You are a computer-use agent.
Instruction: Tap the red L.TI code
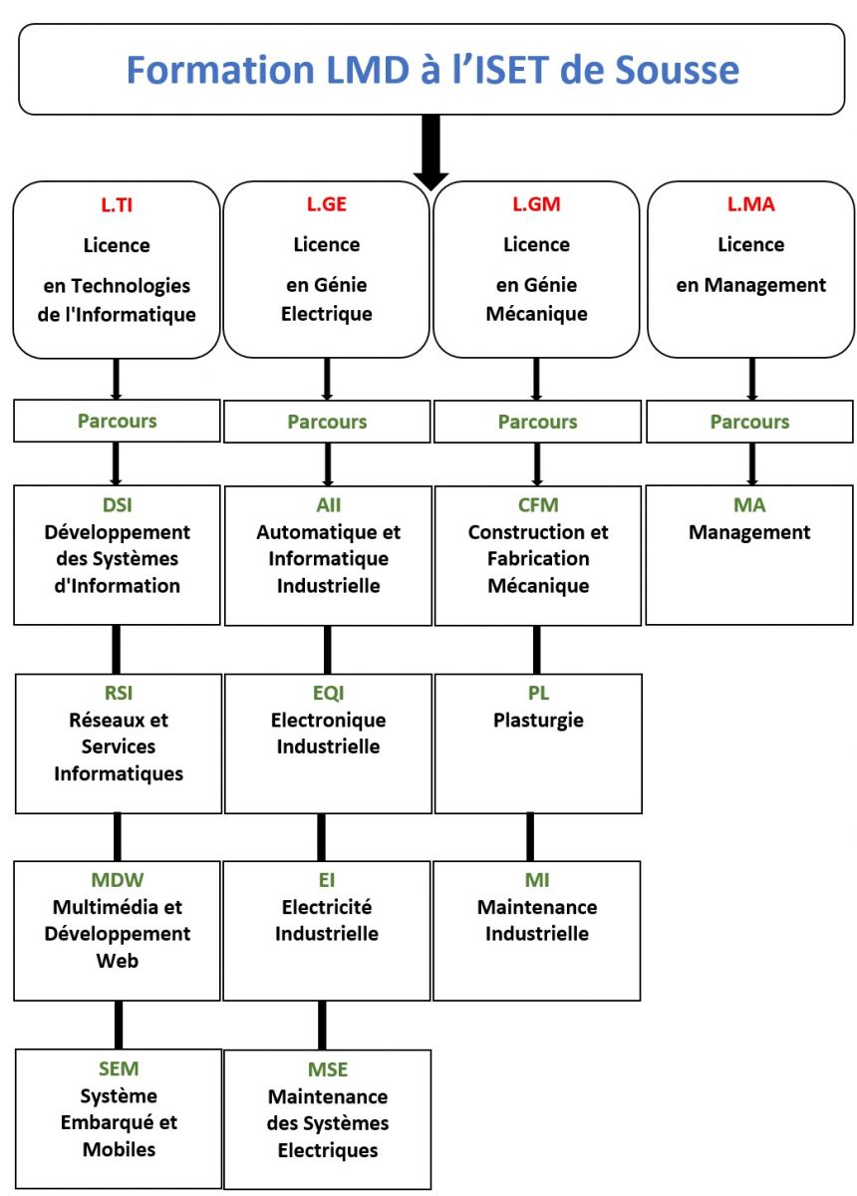click(117, 205)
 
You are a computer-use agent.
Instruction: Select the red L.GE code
click(327, 205)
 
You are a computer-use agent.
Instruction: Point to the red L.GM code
click(537, 205)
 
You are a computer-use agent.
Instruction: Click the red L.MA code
click(750, 205)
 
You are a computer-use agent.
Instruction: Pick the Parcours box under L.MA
click(749, 422)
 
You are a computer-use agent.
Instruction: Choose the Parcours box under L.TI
click(117, 421)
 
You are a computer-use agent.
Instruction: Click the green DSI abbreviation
click(117, 505)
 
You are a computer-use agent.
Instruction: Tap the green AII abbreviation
click(328, 505)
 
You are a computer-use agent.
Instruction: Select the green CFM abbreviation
click(538, 505)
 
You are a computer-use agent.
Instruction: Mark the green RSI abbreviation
click(118, 694)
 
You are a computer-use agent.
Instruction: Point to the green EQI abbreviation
click(328, 694)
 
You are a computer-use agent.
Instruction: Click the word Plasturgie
click(538, 720)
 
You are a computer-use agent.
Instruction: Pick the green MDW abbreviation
click(117, 881)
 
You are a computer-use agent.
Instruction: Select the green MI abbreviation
click(537, 881)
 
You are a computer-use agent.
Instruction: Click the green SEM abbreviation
click(118, 1069)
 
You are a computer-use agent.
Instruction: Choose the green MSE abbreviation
click(328, 1069)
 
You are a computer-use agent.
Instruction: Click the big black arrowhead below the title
click(430, 175)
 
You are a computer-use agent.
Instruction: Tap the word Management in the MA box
click(749, 532)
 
